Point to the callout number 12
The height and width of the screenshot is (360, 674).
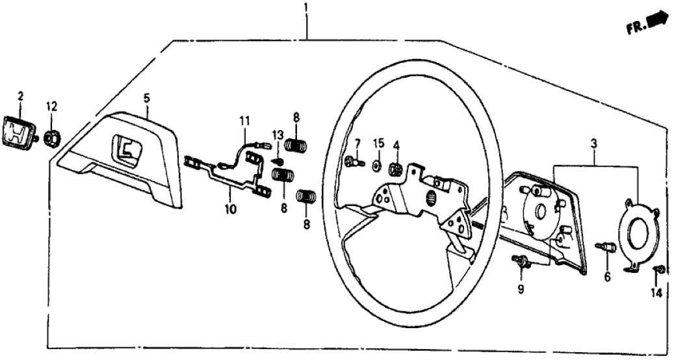[51, 105]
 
